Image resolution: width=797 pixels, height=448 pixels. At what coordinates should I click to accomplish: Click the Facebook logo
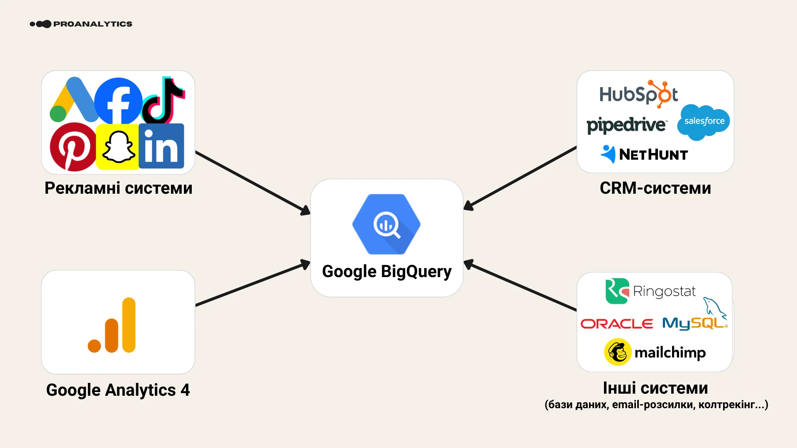tap(119, 101)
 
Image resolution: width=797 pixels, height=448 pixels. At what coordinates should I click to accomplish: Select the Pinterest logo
tap(73, 146)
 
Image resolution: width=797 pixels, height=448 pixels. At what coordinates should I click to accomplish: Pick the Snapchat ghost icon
tap(118, 147)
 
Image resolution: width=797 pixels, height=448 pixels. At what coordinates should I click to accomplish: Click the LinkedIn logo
tap(161, 146)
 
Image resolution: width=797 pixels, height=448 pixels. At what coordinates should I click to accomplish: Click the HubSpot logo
tap(638, 94)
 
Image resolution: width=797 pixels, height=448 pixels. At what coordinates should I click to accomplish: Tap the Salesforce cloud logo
tap(704, 122)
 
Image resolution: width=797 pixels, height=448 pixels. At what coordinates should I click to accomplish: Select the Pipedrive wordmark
tap(626, 125)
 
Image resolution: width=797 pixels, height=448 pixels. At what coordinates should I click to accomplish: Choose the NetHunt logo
tap(644, 154)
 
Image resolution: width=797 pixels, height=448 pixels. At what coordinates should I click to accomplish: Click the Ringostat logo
tap(650, 291)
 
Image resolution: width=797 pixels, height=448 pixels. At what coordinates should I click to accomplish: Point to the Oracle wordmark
tap(617, 324)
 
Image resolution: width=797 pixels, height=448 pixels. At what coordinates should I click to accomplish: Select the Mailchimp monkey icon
tap(618, 352)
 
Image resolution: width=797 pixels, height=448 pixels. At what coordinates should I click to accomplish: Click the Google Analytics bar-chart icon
tap(112, 325)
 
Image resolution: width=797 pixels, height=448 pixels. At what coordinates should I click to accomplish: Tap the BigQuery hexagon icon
tap(386, 224)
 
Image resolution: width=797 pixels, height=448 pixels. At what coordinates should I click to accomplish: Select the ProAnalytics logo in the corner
tap(81, 24)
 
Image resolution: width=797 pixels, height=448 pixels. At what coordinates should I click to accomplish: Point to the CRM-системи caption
tap(655, 188)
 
